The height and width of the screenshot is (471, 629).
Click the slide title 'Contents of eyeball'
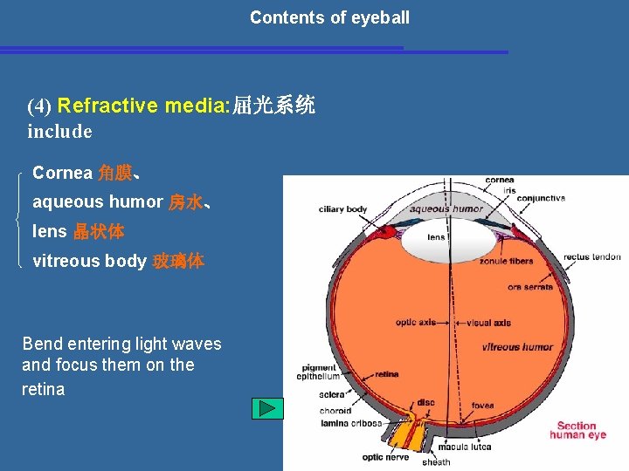329,17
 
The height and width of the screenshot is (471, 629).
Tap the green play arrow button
268,408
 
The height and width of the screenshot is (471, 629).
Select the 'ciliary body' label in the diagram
343,209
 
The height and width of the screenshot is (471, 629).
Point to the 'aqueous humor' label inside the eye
446,209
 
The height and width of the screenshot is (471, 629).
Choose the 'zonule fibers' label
506,261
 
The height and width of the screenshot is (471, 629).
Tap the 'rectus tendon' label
591,257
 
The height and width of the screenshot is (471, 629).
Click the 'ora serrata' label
529,287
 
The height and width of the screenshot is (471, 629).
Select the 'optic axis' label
416,323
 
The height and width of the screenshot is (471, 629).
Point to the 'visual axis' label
488,323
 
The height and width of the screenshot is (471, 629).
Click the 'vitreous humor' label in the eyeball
517,347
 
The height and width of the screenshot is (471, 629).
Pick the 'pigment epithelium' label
320,372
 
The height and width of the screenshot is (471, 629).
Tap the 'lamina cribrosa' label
349,423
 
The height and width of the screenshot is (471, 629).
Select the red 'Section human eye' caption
577,430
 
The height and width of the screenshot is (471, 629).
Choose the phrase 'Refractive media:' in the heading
143,106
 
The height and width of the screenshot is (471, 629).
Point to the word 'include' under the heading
59,132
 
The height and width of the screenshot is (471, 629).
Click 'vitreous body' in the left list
89,261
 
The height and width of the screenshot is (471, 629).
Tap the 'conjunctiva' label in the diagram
541,198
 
